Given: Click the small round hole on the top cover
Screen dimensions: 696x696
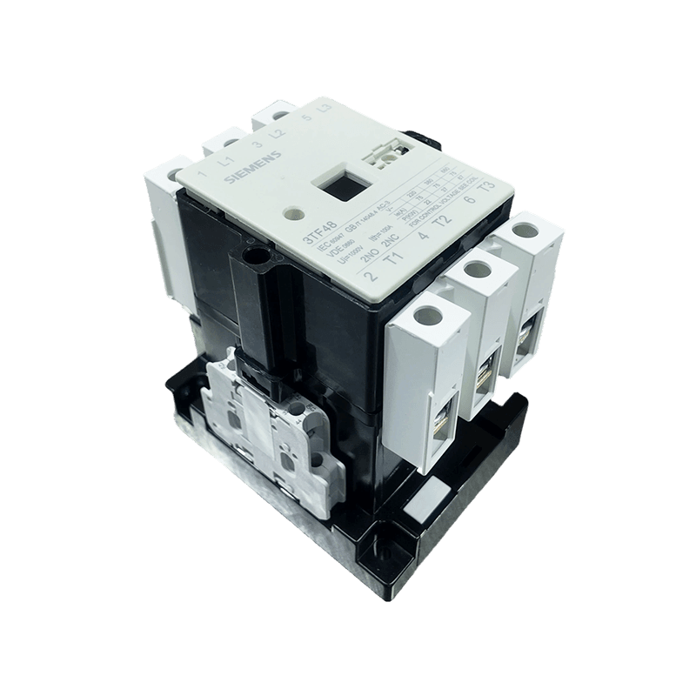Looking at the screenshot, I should click(291, 211).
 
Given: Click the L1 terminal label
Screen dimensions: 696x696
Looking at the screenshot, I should click(226, 159).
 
